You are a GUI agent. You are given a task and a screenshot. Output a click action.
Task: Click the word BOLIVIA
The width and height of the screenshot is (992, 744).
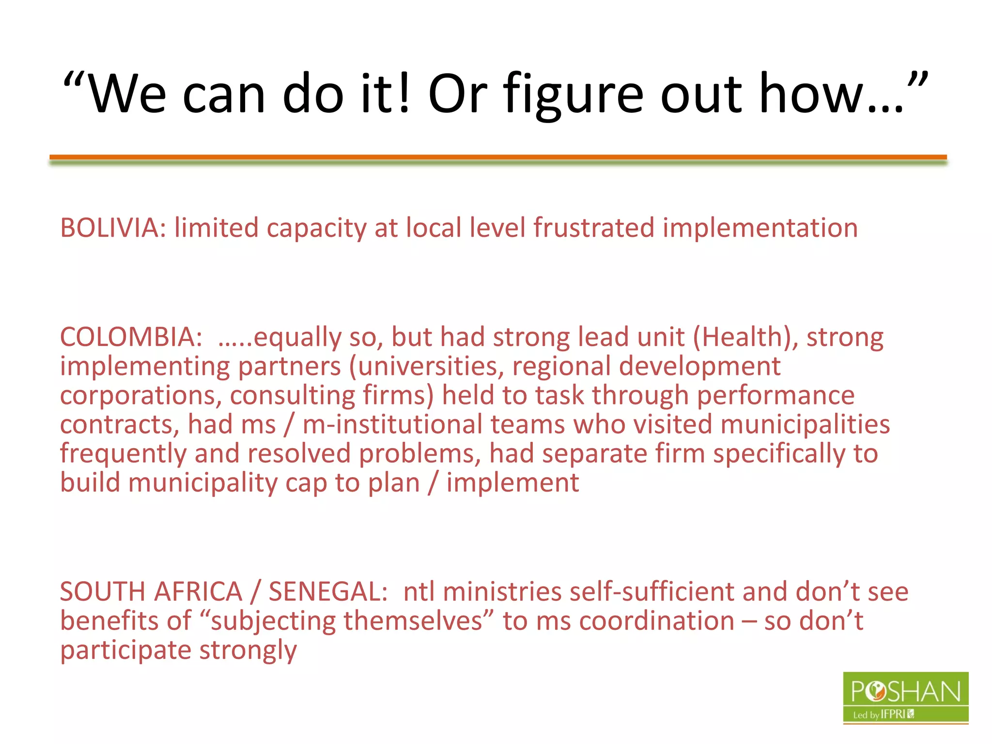(x=109, y=228)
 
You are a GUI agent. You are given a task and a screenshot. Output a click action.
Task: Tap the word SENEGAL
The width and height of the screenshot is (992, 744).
(x=327, y=592)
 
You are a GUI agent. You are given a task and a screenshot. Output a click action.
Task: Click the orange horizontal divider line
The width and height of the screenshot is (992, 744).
(x=498, y=157)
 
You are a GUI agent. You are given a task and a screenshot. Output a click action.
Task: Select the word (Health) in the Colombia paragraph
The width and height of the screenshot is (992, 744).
(x=745, y=337)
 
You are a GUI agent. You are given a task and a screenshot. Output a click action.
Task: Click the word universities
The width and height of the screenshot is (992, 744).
(x=428, y=366)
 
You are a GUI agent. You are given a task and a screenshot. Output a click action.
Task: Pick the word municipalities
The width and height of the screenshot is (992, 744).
(x=805, y=425)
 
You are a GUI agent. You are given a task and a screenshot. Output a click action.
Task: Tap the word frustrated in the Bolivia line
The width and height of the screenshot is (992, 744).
(x=593, y=228)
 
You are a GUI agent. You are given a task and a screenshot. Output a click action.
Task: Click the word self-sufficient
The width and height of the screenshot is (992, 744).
(x=651, y=592)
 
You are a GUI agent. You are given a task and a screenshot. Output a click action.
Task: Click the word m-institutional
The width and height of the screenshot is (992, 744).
(x=392, y=425)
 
